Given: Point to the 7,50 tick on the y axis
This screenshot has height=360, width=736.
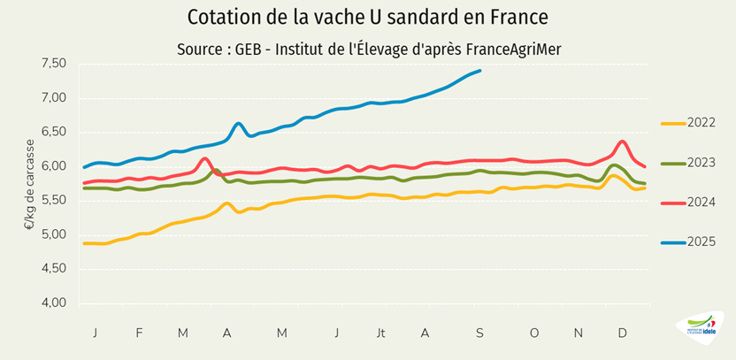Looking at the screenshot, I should click(x=54, y=64).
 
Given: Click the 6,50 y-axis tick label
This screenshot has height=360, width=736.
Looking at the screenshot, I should click(x=54, y=132).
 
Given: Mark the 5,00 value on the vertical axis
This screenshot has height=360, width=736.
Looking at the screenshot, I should click(x=54, y=234).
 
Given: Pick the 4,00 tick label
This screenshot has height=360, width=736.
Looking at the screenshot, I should click(x=54, y=303).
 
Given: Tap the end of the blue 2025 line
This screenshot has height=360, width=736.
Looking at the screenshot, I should click(x=479, y=71).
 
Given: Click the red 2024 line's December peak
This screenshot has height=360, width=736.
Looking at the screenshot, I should click(x=623, y=142).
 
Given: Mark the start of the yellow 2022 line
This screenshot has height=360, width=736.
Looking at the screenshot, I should click(x=84, y=243).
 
